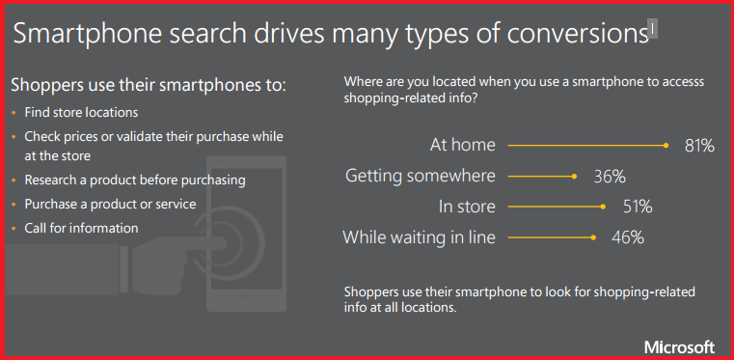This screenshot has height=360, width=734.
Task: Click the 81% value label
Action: (x=699, y=146)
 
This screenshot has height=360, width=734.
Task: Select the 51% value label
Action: (x=637, y=206)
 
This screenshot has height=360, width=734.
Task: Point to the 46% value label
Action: (x=627, y=235)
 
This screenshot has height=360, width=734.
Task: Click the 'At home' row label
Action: (x=462, y=146)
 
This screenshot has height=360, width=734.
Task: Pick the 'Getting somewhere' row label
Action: (x=420, y=176)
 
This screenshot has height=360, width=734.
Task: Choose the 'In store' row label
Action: (x=467, y=206)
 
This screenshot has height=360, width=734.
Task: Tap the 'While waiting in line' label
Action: (x=419, y=235)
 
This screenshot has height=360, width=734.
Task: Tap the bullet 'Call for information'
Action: (x=81, y=228)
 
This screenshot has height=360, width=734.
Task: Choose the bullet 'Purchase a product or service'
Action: (x=110, y=204)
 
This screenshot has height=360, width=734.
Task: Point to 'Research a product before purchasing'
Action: (x=135, y=180)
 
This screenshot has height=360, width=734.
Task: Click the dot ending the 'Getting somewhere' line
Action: (x=574, y=176)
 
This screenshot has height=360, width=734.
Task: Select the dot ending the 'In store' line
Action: (x=602, y=206)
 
